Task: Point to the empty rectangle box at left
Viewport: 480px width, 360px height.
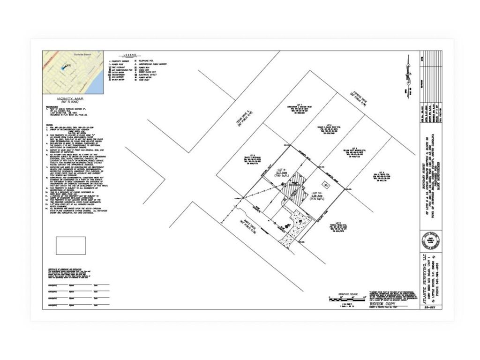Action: point(70,245)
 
